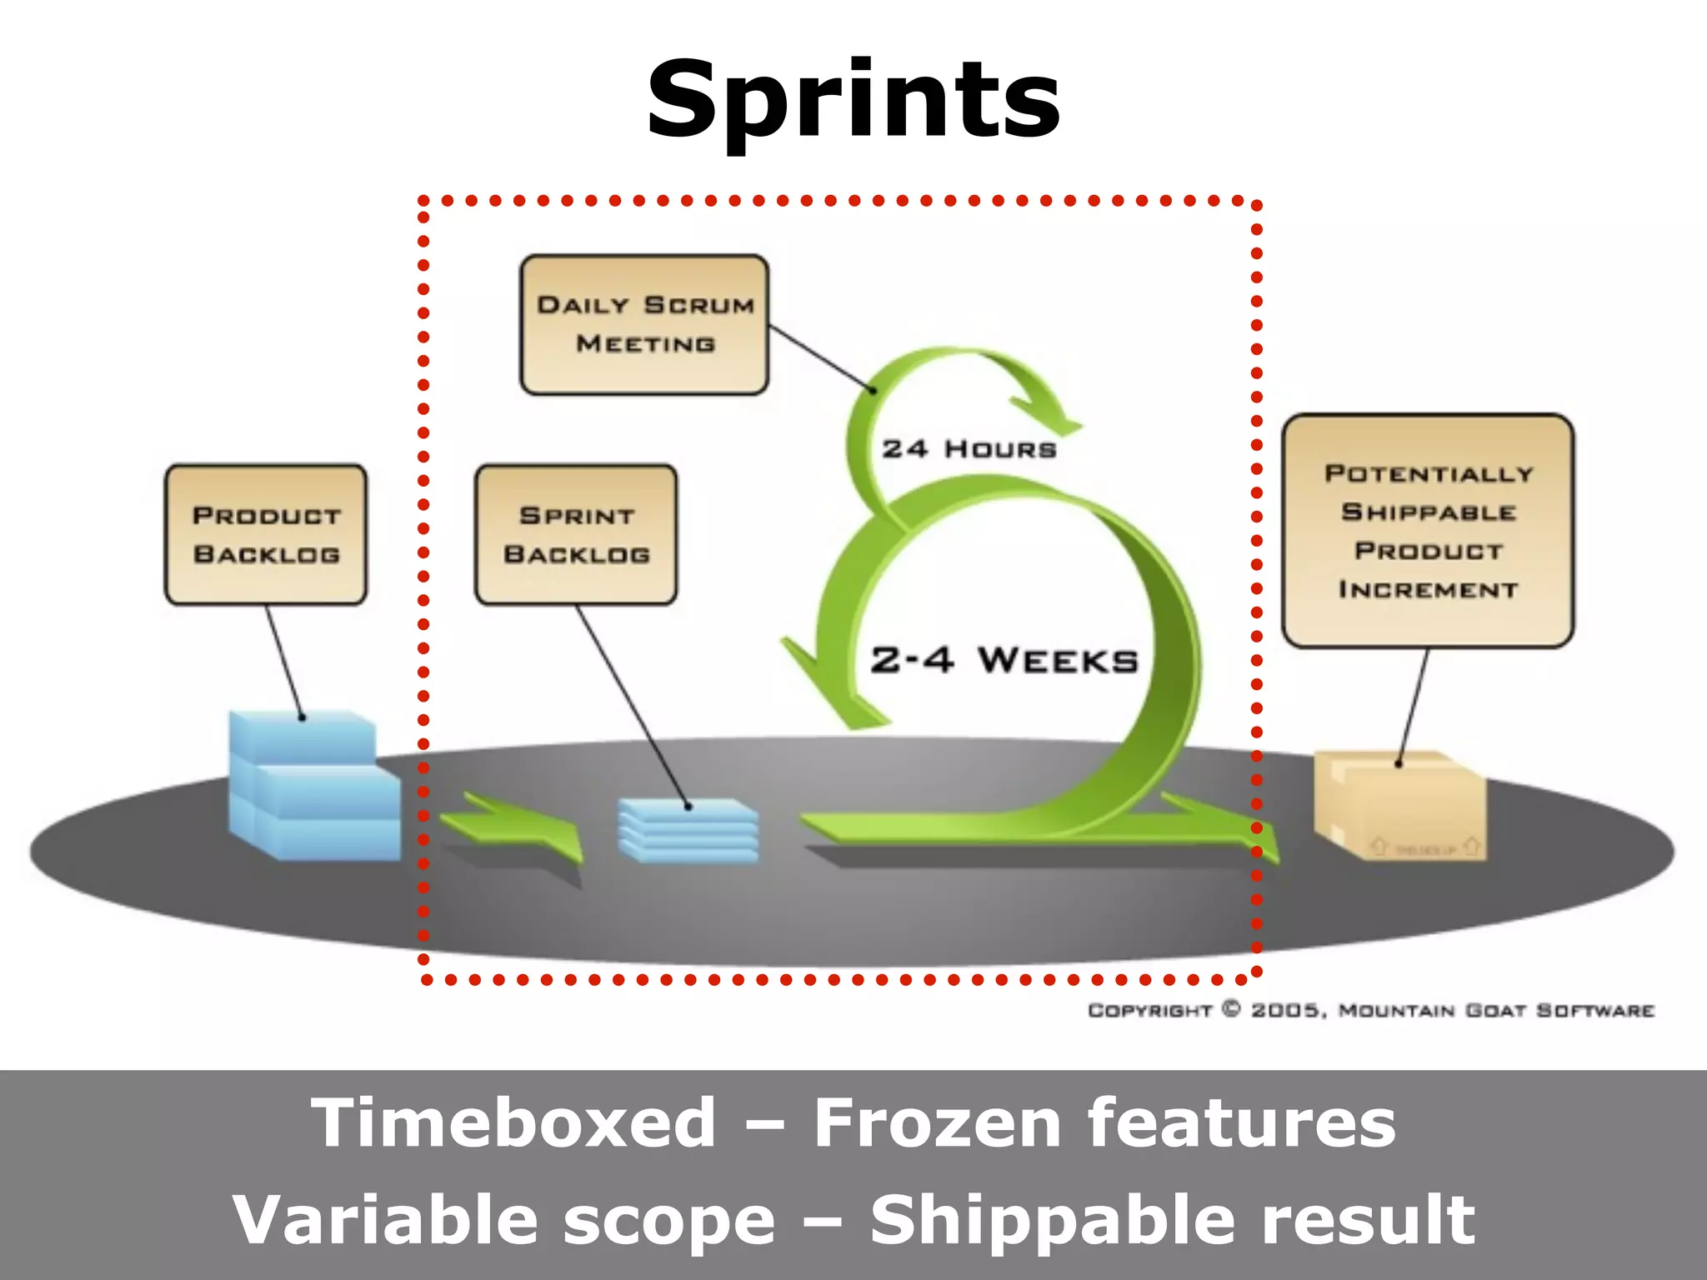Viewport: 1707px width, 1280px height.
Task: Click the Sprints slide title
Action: pos(853,100)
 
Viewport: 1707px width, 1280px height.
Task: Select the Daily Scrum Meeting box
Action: pos(644,324)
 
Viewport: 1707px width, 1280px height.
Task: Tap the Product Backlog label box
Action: pos(266,534)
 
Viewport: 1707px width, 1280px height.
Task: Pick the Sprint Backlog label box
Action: pos(576,534)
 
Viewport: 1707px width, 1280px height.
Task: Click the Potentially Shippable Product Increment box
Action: pos(1428,530)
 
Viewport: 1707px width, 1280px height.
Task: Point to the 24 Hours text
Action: pos(969,449)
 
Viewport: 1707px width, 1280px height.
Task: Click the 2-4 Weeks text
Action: pos(1004,661)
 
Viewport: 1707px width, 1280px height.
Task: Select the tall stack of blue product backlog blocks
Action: pos(313,786)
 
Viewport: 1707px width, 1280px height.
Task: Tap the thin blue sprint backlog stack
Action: pos(688,830)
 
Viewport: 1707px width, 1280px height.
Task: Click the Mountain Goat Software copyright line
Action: pos(1370,1011)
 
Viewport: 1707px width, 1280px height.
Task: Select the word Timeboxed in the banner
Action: pos(513,1123)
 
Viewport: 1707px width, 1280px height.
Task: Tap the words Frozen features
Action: pos(1104,1123)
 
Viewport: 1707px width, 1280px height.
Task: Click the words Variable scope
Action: pos(503,1220)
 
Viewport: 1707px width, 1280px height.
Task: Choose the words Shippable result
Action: pos(1172,1220)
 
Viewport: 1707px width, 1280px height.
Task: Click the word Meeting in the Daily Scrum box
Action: pos(645,344)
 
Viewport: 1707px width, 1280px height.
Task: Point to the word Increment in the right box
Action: pos(1428,590)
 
